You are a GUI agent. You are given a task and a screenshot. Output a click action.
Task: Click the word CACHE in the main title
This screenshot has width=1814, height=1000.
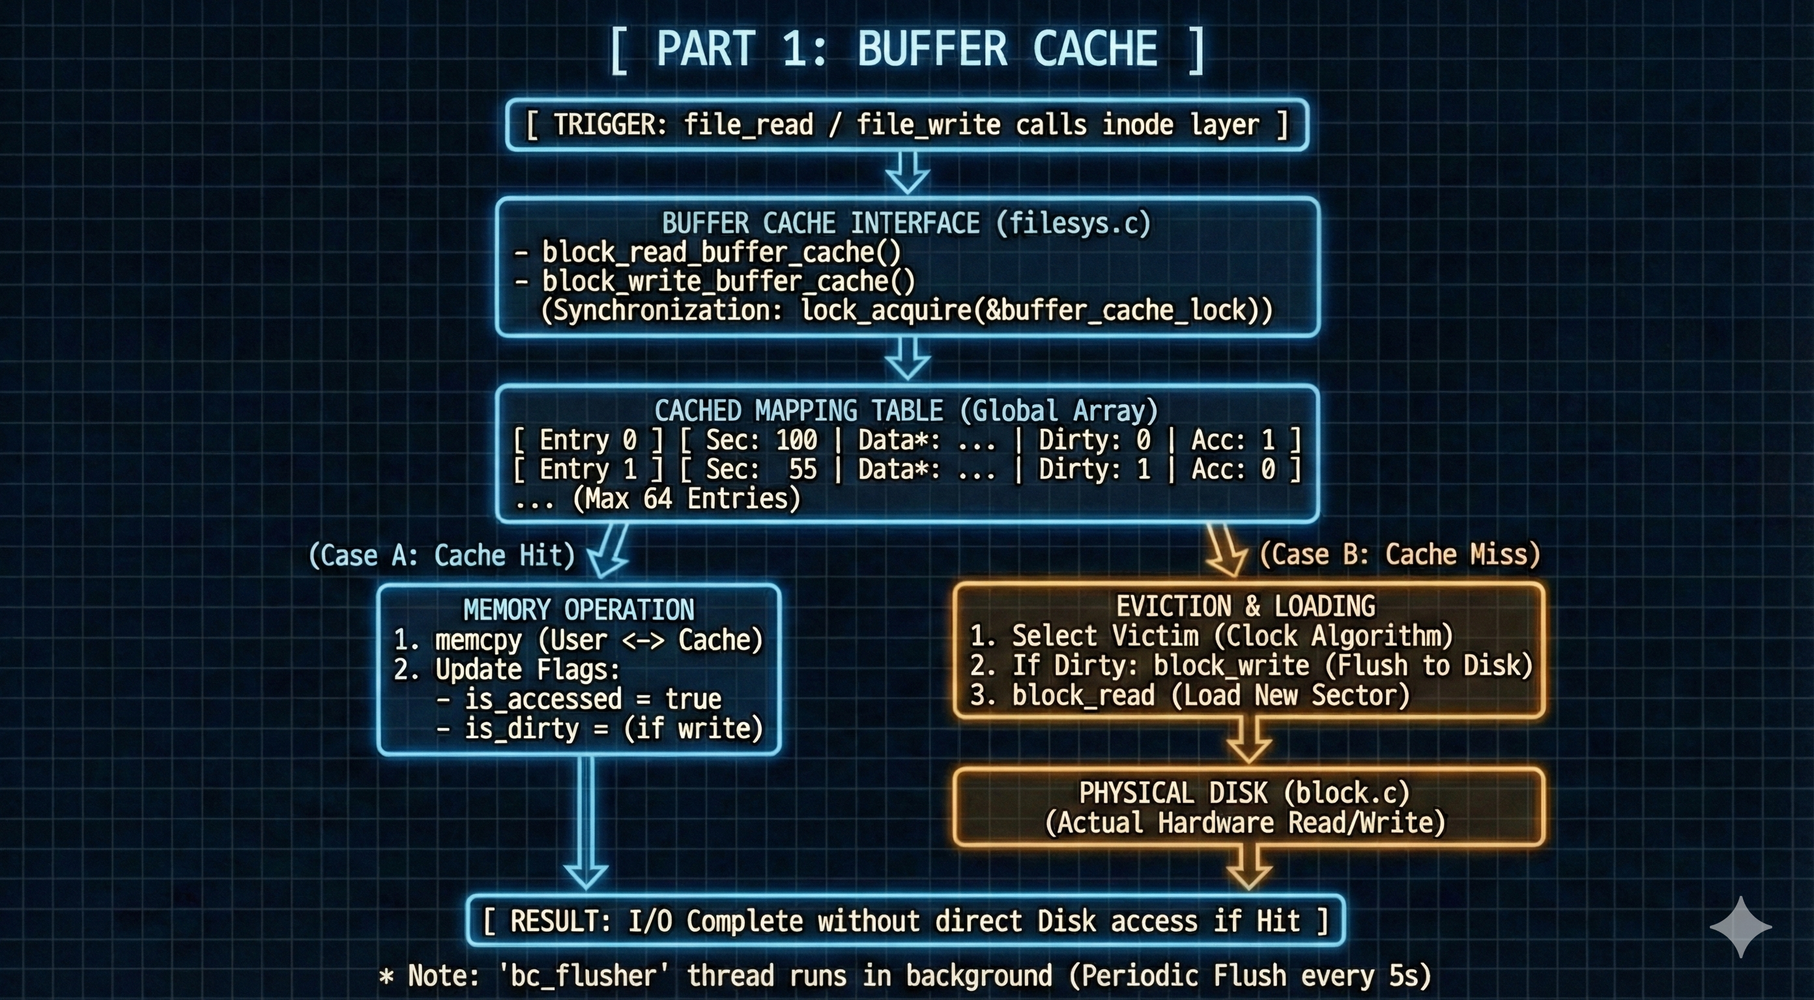[x=1095, y=49]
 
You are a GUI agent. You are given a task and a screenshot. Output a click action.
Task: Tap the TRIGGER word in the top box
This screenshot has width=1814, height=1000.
[x=609, y=124]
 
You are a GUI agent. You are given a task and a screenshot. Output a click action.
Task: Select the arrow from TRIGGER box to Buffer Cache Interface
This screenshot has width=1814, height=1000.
[x=907, y=173]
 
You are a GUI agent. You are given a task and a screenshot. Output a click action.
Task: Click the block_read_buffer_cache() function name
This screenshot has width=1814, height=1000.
[x=721, y=252]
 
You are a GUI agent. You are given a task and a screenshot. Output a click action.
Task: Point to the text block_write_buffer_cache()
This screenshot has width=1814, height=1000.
[x=728, y=281]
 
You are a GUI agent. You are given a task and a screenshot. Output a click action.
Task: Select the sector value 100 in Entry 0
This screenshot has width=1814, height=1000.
[x=796, y=440]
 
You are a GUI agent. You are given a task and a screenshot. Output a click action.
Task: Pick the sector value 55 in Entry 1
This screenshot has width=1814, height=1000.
[x=802, y=469]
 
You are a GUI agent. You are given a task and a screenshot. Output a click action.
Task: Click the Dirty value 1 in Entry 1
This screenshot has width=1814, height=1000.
[x=1144, y=469]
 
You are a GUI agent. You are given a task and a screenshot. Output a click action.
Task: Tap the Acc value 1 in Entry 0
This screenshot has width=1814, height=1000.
[x=1268, y=440]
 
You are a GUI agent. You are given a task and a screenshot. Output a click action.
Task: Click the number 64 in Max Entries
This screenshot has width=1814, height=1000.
[x=657, y=499]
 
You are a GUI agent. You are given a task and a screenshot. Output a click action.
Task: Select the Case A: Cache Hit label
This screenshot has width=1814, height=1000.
[x=442, y=555]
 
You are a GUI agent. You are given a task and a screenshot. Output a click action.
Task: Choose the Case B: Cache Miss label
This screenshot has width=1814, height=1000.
[x=1399, y=555]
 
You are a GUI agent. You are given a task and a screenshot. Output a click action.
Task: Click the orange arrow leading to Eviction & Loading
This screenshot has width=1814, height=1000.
[x=1226, y=551]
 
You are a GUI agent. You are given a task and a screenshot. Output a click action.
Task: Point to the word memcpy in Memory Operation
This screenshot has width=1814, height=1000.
[x=478, y=640]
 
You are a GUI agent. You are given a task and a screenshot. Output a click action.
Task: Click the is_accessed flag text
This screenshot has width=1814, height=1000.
[x=543, y=699]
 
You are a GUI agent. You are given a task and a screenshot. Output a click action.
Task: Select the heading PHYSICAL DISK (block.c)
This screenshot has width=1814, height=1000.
[x=1245, y=793]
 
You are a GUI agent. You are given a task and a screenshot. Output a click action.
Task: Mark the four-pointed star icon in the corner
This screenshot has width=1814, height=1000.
[x=1741, y=926]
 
